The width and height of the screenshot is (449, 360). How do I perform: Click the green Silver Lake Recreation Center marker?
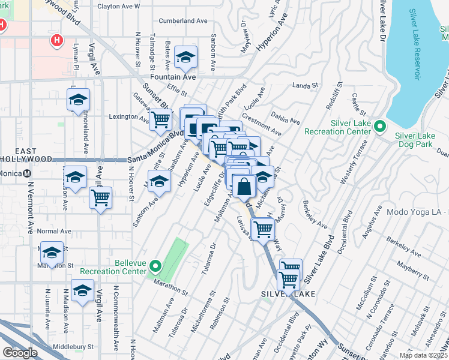point(379,127)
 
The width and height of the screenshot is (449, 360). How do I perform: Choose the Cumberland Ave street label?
point(182,21)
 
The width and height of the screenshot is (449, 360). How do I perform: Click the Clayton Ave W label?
point(118,7)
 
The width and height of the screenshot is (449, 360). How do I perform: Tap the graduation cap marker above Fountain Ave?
point(186,58)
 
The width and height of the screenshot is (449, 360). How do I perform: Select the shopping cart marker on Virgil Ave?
point(101,197)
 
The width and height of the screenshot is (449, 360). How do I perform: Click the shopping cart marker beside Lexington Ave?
point(160,119)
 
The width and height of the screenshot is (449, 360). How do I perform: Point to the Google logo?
point(20,353)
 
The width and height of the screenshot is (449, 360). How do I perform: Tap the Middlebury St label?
point(74,347)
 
